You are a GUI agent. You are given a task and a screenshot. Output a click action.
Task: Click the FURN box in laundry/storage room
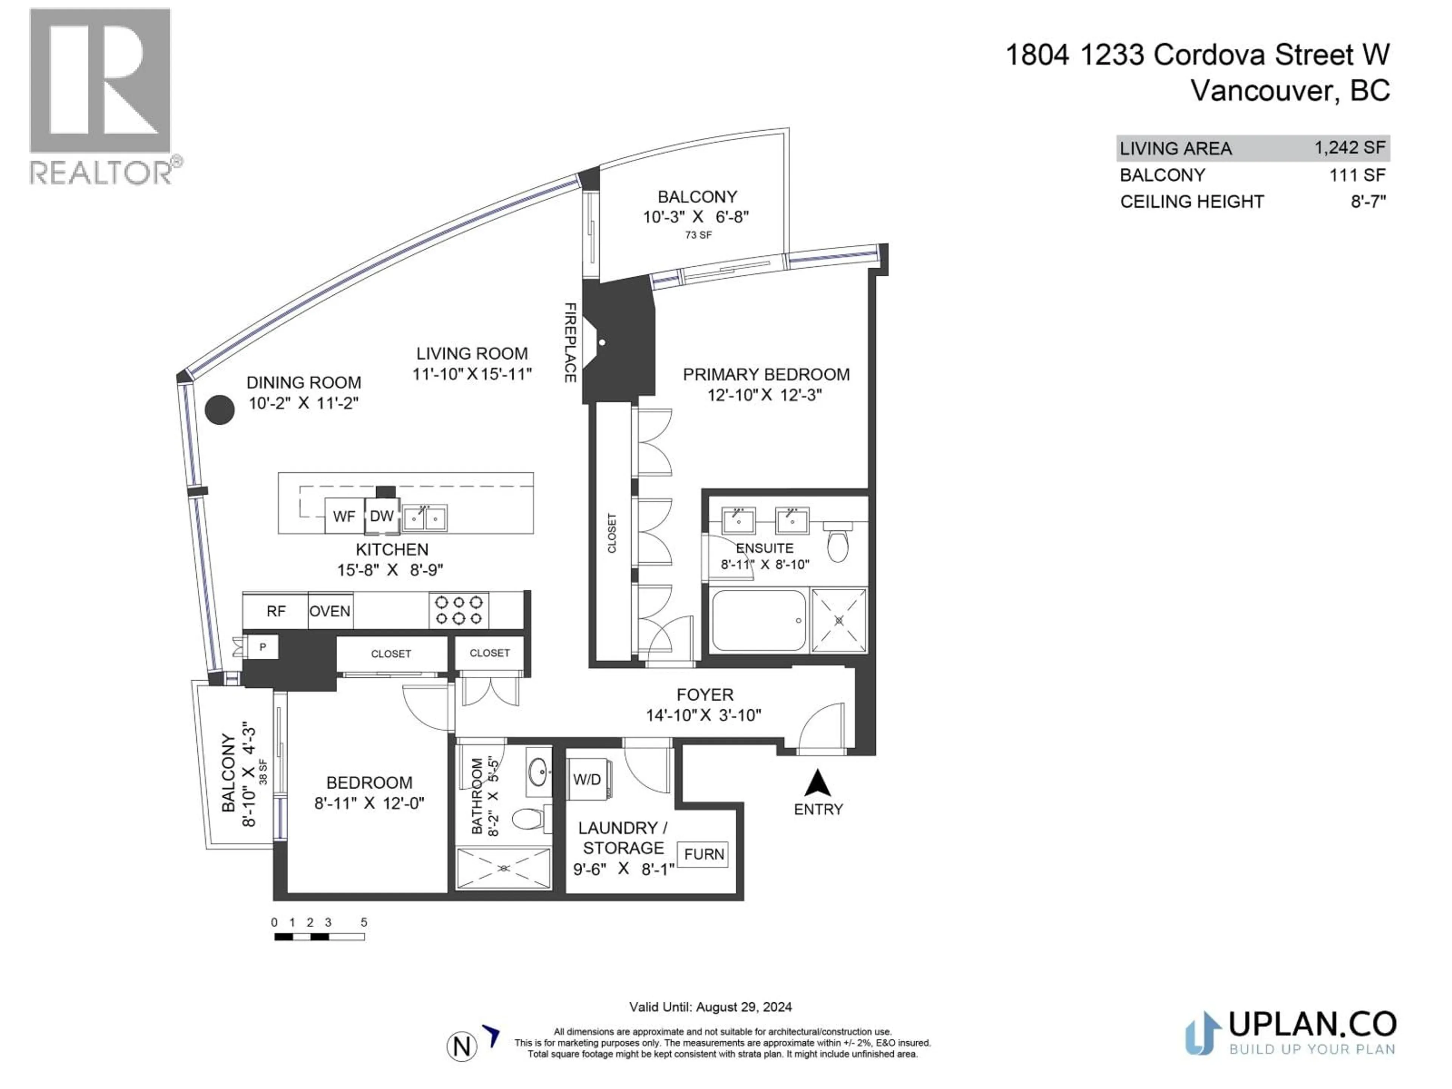(x=703, y=854)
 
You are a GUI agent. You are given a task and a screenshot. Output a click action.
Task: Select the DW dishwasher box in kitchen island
(x=382, y=516)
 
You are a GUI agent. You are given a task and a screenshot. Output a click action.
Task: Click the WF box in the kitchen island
(x=344, y=516)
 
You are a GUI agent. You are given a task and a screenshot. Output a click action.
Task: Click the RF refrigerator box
(x=276, y=611)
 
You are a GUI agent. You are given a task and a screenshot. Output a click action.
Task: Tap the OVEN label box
(x=329, y=611)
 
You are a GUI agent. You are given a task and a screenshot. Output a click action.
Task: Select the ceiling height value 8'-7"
(x=1368, y=202)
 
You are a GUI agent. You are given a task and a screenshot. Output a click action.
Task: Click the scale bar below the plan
(x=319, y=937)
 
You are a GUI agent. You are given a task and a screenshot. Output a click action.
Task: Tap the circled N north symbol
(x=461, y=1046)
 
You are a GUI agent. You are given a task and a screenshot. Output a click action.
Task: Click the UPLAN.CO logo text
(x=1311, y=1024)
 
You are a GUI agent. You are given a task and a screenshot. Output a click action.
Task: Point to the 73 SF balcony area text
(x=698, y=235)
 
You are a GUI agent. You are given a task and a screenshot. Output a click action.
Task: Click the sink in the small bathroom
(x=540, y=772)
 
